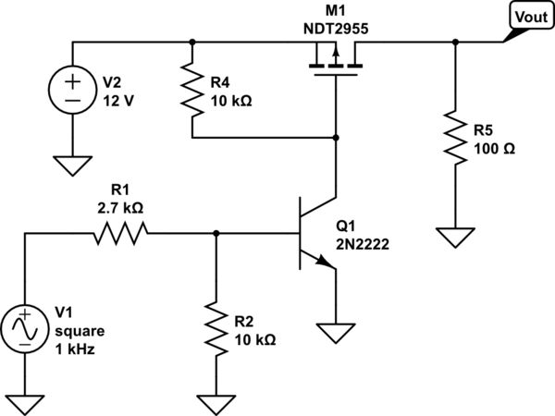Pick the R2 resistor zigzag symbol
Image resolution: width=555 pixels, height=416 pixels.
[x=215, y=327]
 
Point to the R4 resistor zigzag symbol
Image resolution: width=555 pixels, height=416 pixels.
[x=191, y=90]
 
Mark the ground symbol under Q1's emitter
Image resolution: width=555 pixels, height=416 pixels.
[x=334, y=331]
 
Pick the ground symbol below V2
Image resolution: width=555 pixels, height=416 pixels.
[x=73, y=166]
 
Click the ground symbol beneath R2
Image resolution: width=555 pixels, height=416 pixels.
[x=215, y=403]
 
